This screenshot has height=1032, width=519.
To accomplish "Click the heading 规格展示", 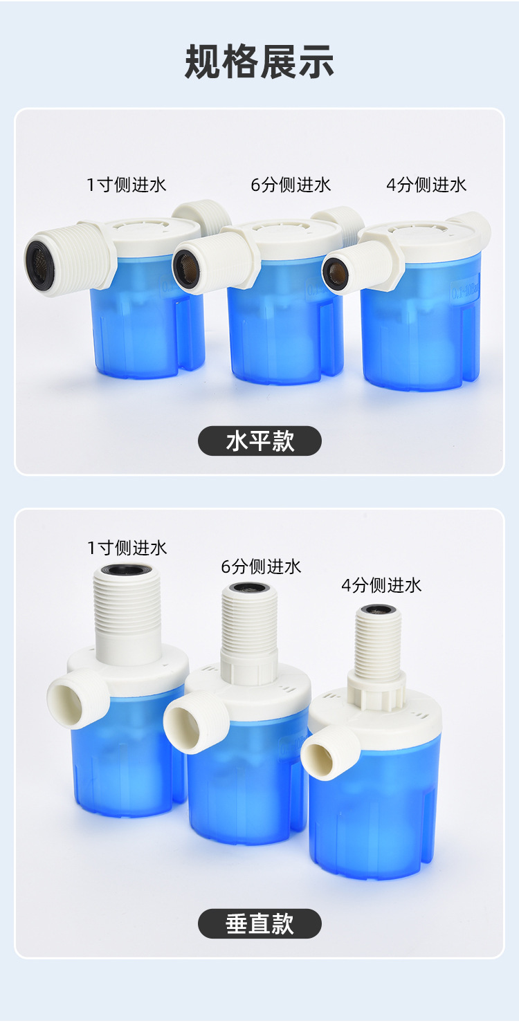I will tap(259, 62).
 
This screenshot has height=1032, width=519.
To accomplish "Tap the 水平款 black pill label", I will tap(259, 441).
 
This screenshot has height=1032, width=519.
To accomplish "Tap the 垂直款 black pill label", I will tap(259, 923).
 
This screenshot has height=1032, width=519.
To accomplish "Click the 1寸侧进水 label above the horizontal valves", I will tap(127, 185).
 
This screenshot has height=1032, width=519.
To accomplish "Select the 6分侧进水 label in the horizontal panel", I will tap(291, 185).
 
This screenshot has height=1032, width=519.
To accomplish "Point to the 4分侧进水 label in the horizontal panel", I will tap(426, 185).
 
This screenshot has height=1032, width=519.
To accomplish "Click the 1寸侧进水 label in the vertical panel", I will tap(127, 549).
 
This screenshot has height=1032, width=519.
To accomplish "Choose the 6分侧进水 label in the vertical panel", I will tap(261, 567).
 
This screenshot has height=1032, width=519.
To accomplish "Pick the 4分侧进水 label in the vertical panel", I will tap(381, 586).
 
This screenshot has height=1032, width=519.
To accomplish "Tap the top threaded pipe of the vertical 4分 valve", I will tap(378, 643).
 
